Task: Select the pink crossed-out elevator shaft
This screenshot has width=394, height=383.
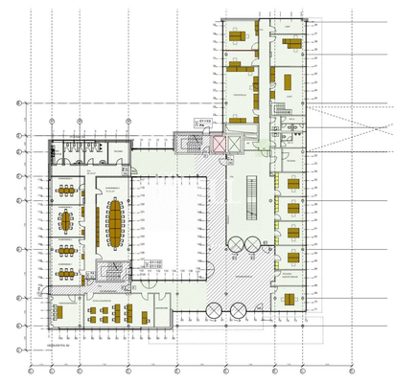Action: pos(219,145)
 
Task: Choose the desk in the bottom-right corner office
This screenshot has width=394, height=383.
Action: pos(288,300)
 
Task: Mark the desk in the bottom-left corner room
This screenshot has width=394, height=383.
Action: pos(59,312)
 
